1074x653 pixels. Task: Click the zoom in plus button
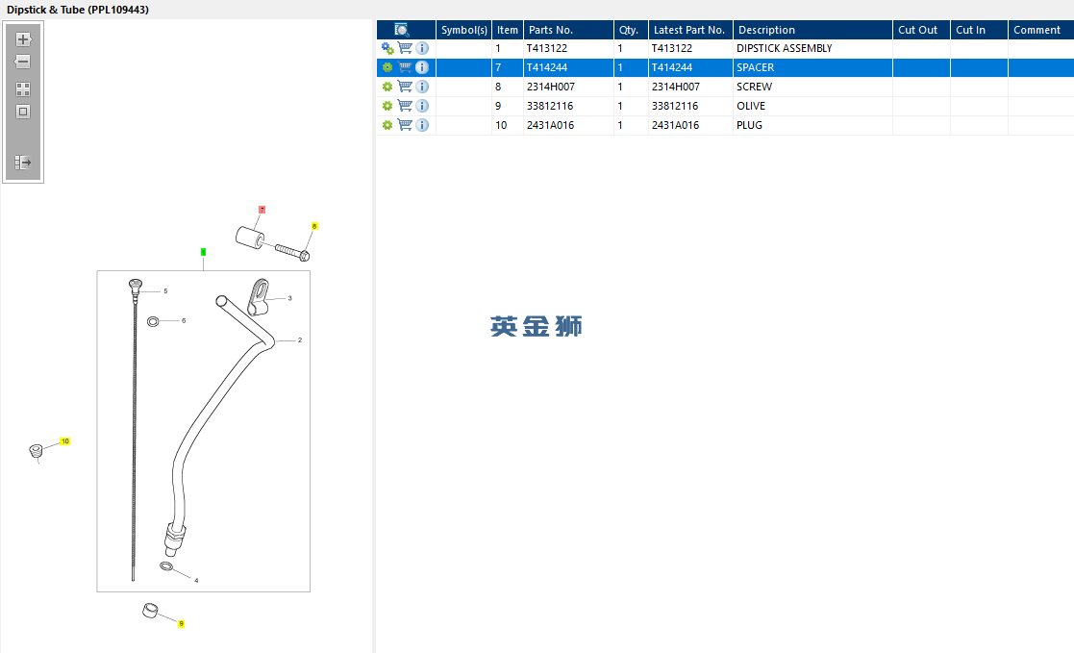click(23, 39)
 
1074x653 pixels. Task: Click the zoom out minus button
click(23, 62)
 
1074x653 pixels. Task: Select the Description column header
click(766, 30)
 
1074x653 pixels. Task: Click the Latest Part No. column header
click(689, 30)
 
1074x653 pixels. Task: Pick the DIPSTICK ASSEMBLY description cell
click(785, 49)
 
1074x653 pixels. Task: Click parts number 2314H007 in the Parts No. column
click(551, 87)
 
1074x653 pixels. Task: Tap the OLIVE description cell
click(751, 106)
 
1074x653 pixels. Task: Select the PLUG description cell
click(749, 125)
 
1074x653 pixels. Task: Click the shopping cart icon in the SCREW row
click(405, 87)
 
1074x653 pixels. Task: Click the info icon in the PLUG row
click(422, 125)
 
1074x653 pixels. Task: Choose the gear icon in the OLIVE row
click(387, 106)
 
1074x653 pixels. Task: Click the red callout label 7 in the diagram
click(262, 210)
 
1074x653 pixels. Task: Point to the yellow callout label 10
click(65, 441)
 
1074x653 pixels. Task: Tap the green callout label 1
click(203, 252)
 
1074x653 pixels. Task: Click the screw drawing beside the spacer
click(292, 251)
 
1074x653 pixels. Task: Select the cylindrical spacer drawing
click(250, 238)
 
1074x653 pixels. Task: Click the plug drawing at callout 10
click(37, 450)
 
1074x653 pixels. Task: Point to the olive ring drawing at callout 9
click(150, 610)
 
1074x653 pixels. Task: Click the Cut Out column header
click(918, 30)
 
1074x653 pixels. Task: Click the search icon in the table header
click(401, 30)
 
